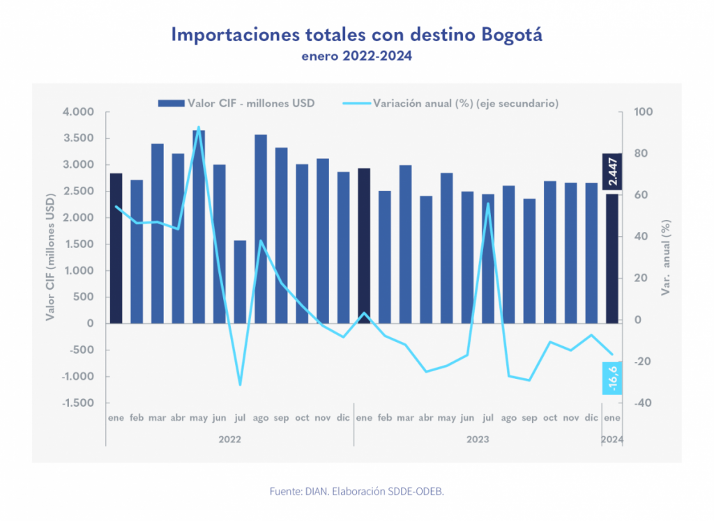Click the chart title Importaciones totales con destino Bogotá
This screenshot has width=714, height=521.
tap(356, 35)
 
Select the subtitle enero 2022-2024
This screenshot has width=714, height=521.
tap(356, 57)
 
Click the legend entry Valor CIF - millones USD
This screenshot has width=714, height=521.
tap(236, 103)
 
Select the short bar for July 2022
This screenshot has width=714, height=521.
tap(240, 281)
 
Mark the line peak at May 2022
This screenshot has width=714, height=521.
tap(199, 127)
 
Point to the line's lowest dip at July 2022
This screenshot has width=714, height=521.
tap(240, 384)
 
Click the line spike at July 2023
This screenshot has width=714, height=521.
tap(488, 203)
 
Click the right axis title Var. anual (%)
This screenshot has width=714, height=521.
tap(667, 257)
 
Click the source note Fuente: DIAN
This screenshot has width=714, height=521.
tap(356, 491)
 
